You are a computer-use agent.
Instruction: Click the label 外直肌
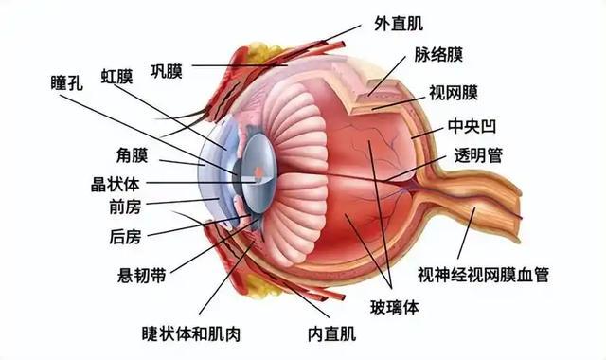399,24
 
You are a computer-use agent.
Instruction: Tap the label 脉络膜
438,55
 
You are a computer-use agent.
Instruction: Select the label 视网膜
454,93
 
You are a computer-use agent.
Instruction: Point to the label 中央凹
472,126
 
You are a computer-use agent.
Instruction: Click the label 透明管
478,155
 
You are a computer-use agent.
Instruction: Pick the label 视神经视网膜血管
483,275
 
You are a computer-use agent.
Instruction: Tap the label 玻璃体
395,308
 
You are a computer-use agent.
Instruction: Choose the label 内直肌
331,333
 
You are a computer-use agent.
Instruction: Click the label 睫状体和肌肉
191,333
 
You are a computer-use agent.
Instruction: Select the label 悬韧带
141,276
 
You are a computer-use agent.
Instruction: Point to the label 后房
125,237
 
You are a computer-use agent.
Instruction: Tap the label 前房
125,207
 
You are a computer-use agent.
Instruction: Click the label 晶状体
115,185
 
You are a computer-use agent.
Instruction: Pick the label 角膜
132,155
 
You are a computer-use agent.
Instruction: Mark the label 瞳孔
67,82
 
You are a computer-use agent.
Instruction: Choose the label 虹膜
116,77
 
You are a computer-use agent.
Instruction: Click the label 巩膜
167,72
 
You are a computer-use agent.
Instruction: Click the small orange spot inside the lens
258,171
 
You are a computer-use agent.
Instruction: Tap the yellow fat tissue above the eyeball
263,52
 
